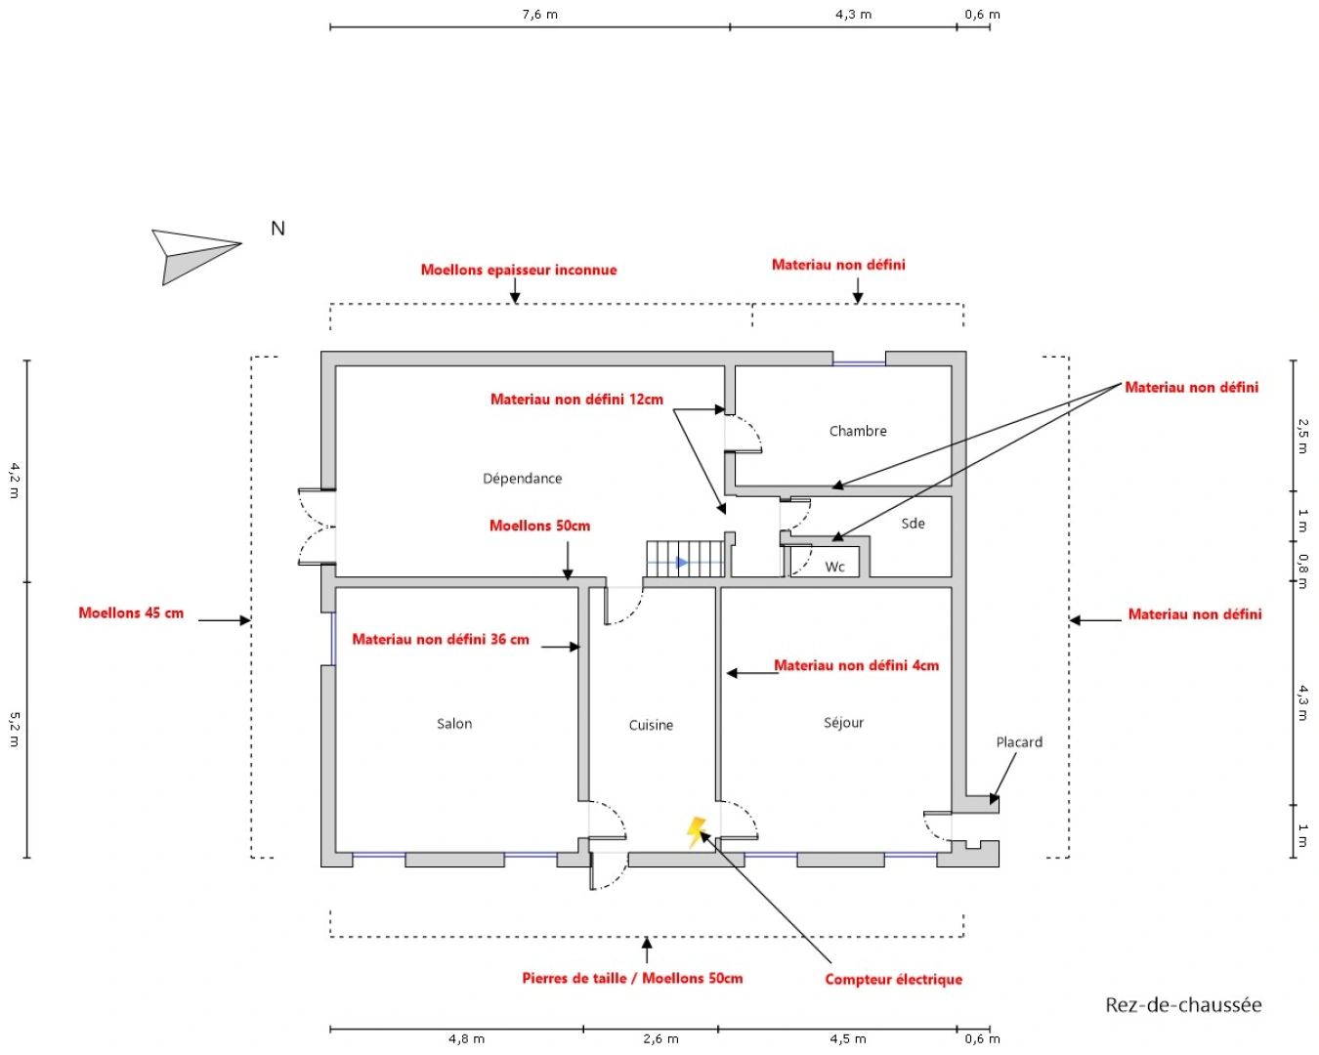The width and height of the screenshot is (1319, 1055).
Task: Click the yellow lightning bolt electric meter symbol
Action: (x=696, y=832)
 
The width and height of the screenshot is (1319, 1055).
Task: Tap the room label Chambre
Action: (x=858, y=431)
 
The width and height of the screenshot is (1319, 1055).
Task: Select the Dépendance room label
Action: (x=522, y=478)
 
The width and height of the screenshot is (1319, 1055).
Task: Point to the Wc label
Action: (x=834, y=567)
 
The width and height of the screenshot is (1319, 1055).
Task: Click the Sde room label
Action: (x=913, y=524)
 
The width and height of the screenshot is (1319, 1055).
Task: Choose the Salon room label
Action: (x=454, y=723)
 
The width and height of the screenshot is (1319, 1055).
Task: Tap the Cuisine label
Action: (x=651, y=725)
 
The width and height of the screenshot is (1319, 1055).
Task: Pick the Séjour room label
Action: (x=843, y=723)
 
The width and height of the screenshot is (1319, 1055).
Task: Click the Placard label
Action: (x=1019, y=742)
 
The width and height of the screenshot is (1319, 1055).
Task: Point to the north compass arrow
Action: (x=196, y=256)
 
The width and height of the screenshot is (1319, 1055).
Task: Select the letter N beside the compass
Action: (x=277, y=228)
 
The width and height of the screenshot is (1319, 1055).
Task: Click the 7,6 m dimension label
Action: (x=539, y=14)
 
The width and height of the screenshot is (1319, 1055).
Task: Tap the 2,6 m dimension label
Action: (x=660, y=1038)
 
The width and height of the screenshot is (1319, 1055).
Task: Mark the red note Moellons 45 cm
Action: (x=131, y=613)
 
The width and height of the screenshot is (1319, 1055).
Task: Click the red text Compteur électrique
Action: (x=893, y=979)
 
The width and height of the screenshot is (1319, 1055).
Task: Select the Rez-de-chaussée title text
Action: (x=1183, y=1004)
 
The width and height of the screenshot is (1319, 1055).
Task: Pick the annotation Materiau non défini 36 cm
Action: (x=440, y=640)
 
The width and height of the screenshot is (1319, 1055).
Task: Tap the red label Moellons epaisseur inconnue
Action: (x=519, y=270)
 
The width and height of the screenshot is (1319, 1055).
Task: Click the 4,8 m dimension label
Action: (x=466, y=1038)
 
